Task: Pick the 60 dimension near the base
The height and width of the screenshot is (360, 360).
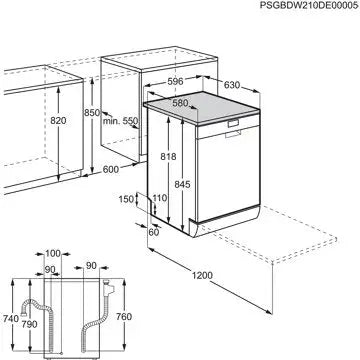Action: pos(153,232)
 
